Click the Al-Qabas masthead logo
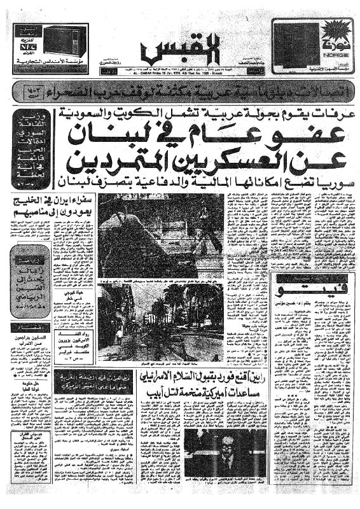164,51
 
